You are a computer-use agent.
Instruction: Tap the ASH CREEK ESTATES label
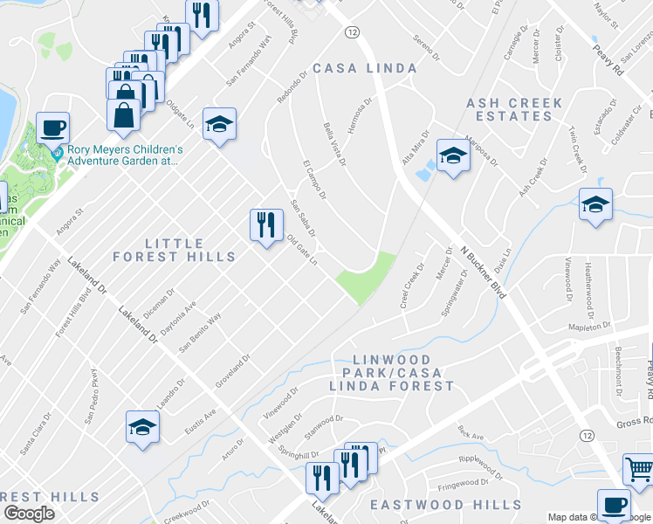tap(514, 109)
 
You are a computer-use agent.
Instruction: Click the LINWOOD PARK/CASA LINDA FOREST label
tap(391, 373)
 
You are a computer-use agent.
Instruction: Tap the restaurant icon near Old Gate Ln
tap(266, 224)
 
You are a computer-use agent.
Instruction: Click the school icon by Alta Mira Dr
tap(453, 155)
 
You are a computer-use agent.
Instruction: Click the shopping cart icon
tap(639, 469)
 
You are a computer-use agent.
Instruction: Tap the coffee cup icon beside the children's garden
tap(52, 128)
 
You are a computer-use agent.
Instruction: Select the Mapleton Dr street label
tap(588, 327)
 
